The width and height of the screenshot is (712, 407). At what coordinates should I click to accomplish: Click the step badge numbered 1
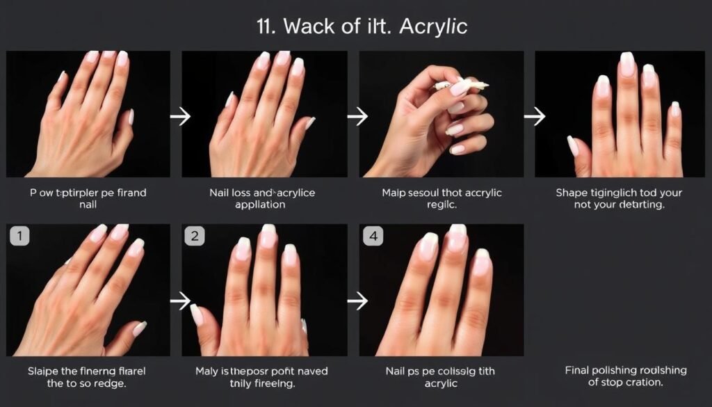pos(19,236)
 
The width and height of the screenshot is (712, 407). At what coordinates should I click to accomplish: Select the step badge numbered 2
pos(195,236)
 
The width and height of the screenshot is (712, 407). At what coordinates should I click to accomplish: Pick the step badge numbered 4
pos(373,236)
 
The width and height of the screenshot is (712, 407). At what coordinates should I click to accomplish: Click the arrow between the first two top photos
pos(180,116)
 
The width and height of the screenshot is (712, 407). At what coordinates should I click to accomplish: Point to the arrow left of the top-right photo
pos(534,116)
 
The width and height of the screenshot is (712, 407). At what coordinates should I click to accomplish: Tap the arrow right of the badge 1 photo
pos(180,301)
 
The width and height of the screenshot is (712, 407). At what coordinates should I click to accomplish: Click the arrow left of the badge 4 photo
pos(357,301)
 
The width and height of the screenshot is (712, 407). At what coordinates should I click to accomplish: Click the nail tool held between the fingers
pos(462,86)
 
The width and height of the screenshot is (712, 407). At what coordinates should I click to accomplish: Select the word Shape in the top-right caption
pos(572,193)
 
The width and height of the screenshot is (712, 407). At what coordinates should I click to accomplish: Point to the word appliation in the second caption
pos(261,205)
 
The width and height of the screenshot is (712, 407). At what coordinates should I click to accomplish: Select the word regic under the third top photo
pos(440,205)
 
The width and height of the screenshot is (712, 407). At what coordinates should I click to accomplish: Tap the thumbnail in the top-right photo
pos(573,146)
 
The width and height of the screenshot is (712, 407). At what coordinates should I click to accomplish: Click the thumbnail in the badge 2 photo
pos(197,314)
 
